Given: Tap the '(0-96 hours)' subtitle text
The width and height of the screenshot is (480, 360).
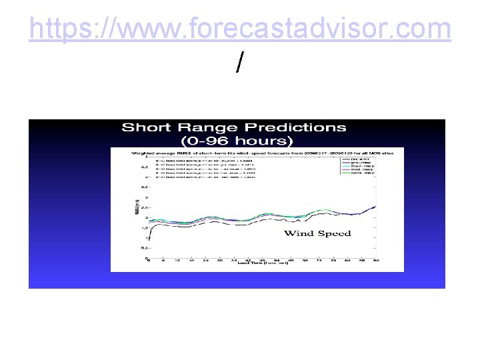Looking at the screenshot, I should [x=237, y=141].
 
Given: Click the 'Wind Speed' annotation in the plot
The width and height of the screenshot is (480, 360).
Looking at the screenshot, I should [x=317, y=233].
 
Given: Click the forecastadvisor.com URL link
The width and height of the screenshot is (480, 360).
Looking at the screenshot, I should [x=240, y=29].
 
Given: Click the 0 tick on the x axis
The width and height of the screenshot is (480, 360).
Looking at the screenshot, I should [x=148, y=261].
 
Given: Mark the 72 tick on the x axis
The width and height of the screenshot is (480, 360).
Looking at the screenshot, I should [x=319, y=261].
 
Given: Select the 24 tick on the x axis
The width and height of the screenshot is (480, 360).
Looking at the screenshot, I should [x=205, y=261].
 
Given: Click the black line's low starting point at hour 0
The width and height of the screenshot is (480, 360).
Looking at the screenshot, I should [x=149, y=239].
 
